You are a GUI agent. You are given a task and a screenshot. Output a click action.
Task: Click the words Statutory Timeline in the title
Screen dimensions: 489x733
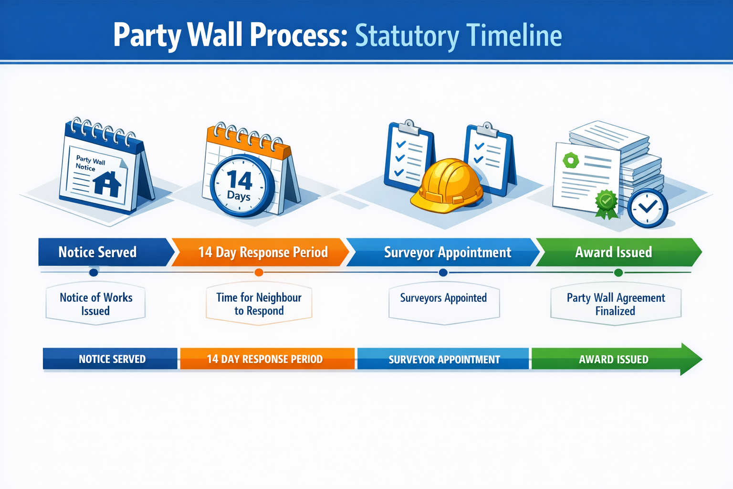click(x=458, y=35)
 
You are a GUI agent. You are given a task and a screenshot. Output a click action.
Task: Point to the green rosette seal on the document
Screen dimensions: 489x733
click(x=607, y=203)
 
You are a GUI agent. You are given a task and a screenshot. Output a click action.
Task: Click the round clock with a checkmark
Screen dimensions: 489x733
click(x=647, y=208)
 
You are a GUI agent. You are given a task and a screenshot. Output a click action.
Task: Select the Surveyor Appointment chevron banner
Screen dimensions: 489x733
click(x=446, y=252)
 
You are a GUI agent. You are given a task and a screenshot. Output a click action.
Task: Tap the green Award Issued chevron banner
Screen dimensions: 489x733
click(x=616, y=252)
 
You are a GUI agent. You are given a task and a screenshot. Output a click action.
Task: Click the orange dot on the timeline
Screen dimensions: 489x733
click(x=259, y=273)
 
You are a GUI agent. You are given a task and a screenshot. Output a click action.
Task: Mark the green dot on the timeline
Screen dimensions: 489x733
click(x=618, y=273)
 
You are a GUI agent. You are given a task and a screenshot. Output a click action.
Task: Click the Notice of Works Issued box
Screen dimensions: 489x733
click(x=95, y=304)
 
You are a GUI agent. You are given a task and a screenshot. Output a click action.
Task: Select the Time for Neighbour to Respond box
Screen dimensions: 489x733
click(x=259, y=304)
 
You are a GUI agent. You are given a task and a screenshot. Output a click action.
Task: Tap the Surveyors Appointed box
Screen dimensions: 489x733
click(x=444, y=302)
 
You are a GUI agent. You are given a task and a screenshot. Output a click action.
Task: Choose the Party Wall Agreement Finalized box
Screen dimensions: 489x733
click(x=616, y=304)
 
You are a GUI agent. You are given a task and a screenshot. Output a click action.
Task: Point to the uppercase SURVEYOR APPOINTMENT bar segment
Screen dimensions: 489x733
click(x=444, y=359)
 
